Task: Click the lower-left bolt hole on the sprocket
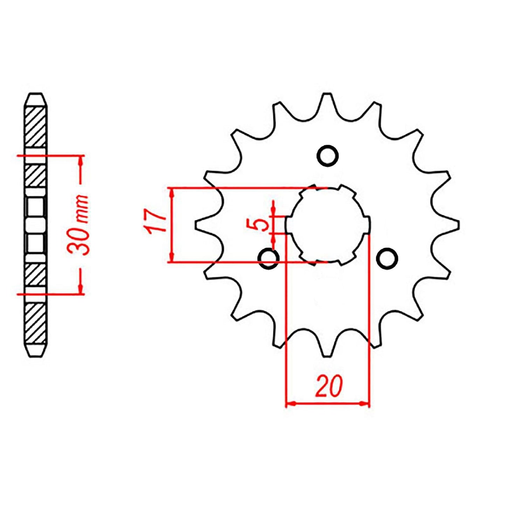click(268, 258)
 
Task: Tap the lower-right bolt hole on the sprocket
click(387, 258)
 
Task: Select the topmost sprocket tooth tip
click(327, 94)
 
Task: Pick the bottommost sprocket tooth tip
click(327, 356)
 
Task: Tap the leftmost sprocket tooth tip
click(196, 225)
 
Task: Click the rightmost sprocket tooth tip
click(458, 225)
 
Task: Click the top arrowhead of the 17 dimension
click(171, 192)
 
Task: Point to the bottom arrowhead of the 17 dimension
click(171, 258)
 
